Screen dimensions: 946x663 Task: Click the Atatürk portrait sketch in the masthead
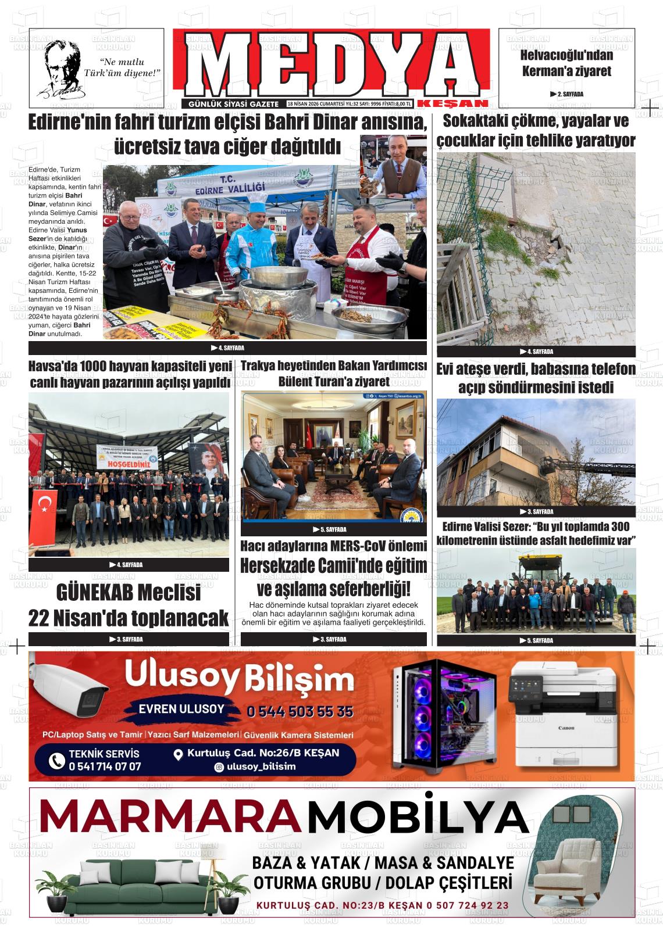[x=62, y=67]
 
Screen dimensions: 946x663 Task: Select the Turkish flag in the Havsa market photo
[x=45, y=503]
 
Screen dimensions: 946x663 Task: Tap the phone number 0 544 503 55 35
[x=300, y=712]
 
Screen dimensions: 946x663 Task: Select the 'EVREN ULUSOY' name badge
[x=181, y=709]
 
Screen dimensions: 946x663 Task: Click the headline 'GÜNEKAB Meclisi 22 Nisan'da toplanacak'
[x=129, y=605]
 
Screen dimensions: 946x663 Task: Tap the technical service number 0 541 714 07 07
[x=105, y=766]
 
